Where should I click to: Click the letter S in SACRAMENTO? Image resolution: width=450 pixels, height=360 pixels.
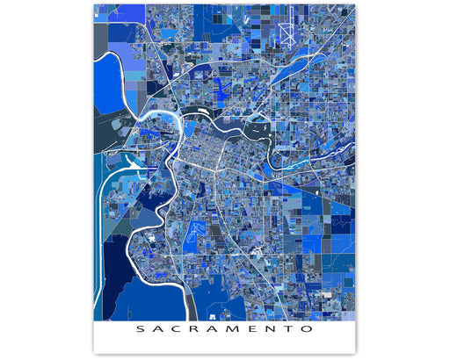(x=139, y=330)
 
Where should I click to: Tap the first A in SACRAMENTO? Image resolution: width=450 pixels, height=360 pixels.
(x=158, y=330)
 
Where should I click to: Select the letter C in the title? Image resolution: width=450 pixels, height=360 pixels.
(x=177, y=330)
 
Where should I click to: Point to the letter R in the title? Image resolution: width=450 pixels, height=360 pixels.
(x=196, y=330)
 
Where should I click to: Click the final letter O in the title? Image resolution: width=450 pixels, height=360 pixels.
(x=308, y=330)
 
